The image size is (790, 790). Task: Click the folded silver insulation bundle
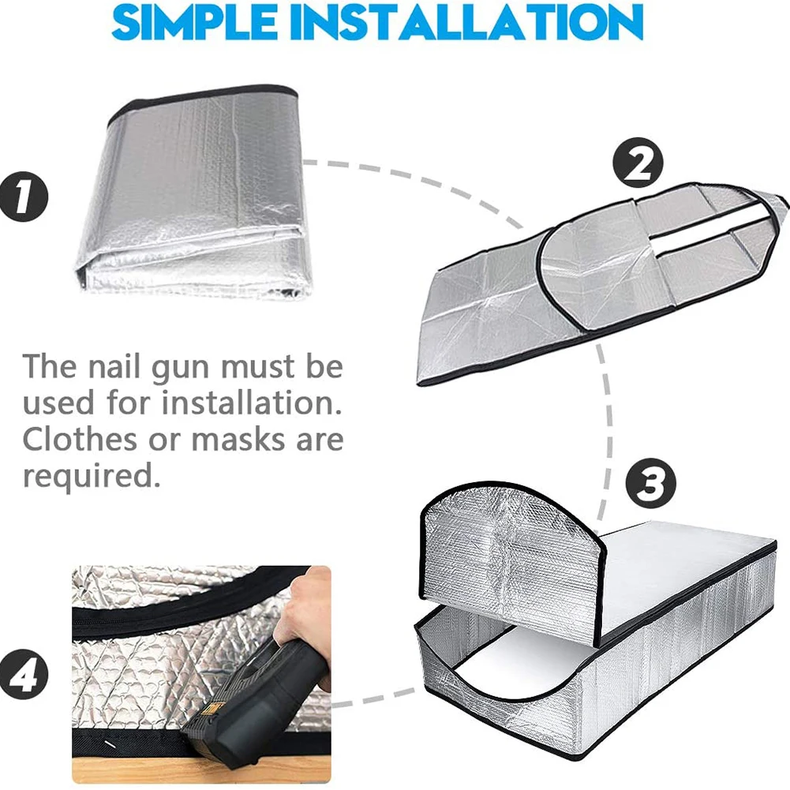[193, 197]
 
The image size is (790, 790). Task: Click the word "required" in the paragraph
[85, 476]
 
